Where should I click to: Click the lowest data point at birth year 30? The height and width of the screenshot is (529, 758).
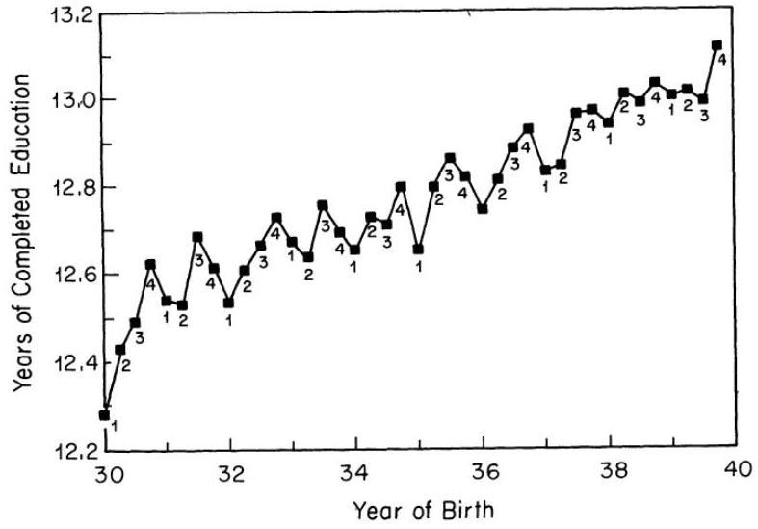coord(104,415)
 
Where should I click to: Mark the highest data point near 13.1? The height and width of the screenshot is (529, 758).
coord(717,45)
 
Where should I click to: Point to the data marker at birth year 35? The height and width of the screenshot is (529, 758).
coord(418,249)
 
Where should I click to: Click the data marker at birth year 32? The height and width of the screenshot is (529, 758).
coord(229,303)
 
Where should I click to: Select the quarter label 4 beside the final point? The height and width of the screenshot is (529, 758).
coord(722,60)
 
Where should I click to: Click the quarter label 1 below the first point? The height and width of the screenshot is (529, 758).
coord(114,424)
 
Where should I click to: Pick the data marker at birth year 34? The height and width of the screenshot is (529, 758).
coord(355,250)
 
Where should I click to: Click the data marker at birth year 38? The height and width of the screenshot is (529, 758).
coord(608,122)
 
